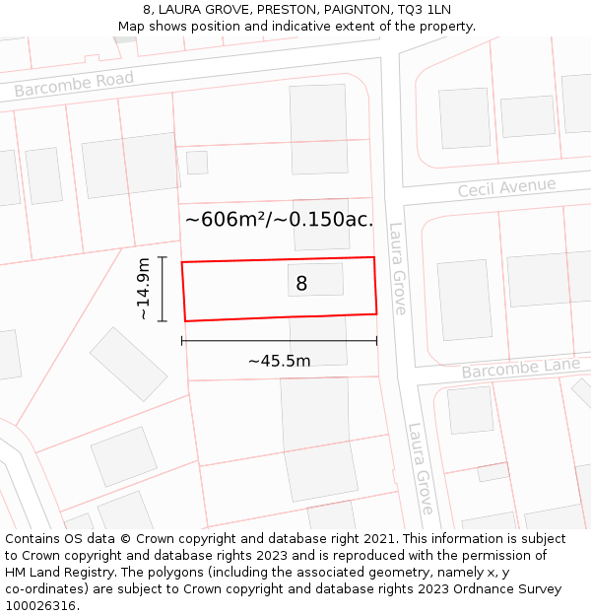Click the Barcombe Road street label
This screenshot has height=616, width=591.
coord(74,85)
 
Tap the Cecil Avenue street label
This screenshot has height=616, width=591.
coord(506,187)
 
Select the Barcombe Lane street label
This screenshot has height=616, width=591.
coord(521,370)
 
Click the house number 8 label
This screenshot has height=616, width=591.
coord(301,284)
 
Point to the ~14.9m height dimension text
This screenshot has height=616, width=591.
coord(144,289)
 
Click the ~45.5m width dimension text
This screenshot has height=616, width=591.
coord(279,361)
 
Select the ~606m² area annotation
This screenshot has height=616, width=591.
coord(279,219)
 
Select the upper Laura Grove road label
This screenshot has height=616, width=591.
coord(397,268)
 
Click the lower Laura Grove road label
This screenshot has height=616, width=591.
coord(420,469)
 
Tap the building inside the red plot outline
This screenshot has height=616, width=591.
coord(316,279)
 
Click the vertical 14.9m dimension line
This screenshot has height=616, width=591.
coord(163,289)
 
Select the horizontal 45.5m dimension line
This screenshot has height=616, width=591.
coord(279,341)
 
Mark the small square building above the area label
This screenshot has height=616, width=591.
coord(197,163)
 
